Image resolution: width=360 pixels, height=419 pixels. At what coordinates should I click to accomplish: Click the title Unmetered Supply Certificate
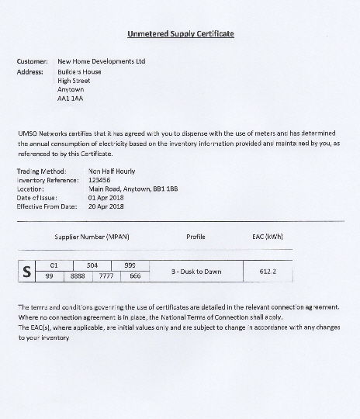coord(180,34)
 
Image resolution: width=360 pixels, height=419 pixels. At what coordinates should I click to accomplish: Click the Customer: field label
coord(32,61)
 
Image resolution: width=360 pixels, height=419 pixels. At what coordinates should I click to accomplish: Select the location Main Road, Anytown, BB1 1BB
coord(133,189)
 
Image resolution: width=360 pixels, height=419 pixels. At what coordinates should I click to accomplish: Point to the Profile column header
coord(196,235)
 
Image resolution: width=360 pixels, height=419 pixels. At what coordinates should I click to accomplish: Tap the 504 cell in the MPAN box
coord(92,265)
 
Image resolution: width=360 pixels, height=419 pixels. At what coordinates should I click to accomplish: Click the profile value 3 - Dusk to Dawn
coord(196,272)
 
